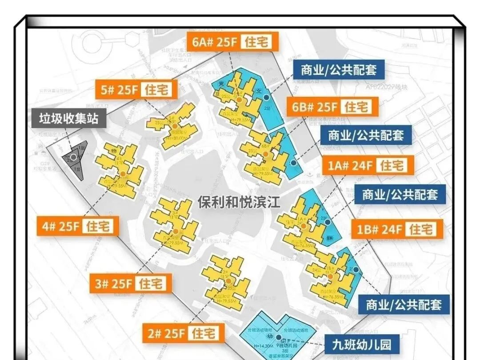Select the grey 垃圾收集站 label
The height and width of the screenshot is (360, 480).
68,118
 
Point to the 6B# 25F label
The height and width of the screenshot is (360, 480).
332,107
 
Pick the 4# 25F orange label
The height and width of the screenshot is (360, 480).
78,227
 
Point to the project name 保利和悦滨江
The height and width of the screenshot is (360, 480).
239,203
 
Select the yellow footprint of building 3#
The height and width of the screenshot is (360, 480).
175,226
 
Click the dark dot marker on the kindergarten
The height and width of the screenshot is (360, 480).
278,337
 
